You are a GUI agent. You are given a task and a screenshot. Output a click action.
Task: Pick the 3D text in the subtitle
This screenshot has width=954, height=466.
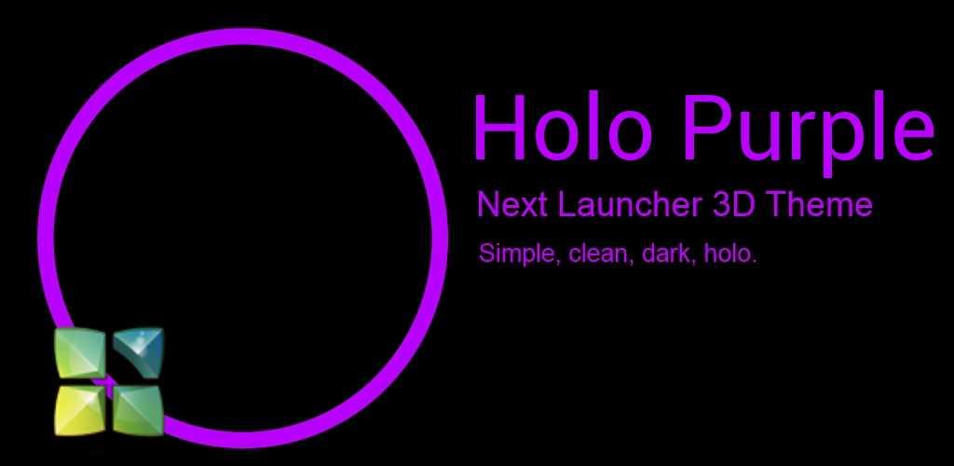pos(732,206)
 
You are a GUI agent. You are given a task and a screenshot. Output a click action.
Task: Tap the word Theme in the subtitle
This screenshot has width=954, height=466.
pos(818,206)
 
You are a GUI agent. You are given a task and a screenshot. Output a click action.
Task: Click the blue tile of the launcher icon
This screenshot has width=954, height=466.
pos(139,352)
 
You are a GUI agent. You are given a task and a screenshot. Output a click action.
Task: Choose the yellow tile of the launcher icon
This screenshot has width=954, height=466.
pos(80,411)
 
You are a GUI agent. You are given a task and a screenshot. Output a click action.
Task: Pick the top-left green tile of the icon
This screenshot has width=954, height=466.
pos(80,352)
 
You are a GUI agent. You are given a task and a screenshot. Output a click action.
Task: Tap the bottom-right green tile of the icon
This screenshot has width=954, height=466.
pos(139,411)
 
